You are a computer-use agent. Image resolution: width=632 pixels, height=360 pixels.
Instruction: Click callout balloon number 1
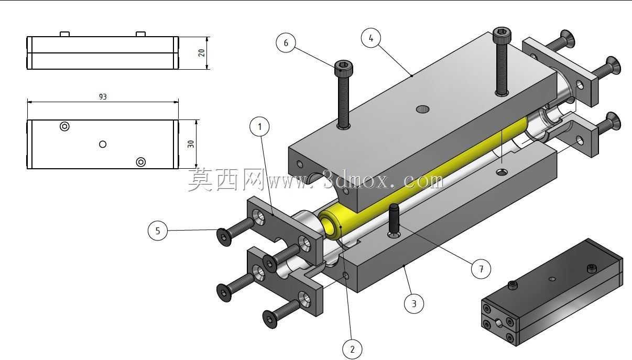(259, 127)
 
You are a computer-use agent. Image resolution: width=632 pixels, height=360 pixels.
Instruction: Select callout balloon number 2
(352, 350)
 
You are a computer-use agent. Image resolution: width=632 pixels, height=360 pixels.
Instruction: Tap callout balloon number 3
(414, 303)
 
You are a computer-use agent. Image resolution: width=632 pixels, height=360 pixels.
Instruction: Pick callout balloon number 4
(371, 38)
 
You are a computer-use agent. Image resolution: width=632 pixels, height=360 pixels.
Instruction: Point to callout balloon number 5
(158, 231)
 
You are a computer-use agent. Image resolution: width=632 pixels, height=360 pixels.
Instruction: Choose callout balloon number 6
(286, 43)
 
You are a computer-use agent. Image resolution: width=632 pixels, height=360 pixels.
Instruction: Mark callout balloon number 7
(481, 269)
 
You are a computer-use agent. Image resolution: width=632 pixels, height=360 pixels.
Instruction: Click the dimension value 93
(103, 97)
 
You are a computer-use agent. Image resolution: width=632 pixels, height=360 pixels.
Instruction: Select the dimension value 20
(201, 53)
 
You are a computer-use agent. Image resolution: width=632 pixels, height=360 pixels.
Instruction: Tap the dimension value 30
(191, 144)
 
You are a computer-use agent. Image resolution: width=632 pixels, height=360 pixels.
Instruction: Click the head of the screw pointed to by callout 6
(343, 68)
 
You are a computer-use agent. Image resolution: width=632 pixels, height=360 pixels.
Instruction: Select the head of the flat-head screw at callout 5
(224, 237)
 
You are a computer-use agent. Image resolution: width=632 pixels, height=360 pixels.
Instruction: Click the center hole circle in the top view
(103, 145)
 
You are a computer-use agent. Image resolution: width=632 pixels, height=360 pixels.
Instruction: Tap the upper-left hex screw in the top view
(64, 126)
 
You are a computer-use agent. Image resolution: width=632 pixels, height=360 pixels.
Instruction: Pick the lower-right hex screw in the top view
(141, 162)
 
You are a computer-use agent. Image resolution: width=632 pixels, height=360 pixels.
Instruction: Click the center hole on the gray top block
(423, 109)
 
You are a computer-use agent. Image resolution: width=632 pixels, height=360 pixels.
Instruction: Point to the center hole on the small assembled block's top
(552, 279)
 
